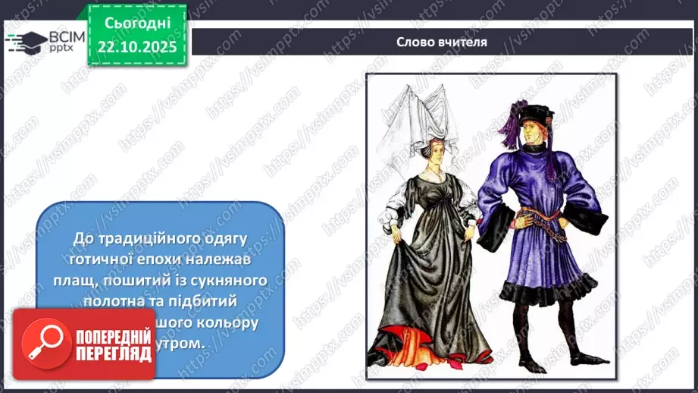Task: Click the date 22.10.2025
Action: coord(136,46)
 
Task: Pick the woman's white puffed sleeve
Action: coord(399,202)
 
